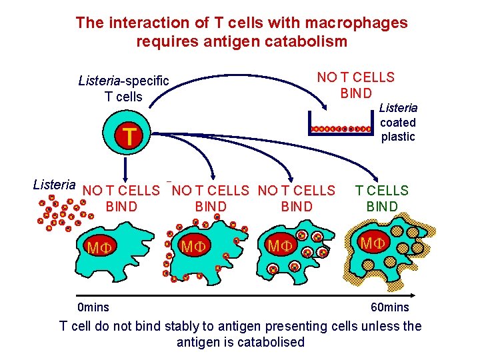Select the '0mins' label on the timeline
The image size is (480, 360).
coord(93,307)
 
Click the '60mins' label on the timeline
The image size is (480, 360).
coord(390,307)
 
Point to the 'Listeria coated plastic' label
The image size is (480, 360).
coord(398,122)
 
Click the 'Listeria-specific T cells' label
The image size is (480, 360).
coord(124,89)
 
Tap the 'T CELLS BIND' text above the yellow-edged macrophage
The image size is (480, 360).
coord(382,198)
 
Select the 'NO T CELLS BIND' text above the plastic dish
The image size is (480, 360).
coord(356,85)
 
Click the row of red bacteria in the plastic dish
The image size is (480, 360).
coord(340,128)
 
